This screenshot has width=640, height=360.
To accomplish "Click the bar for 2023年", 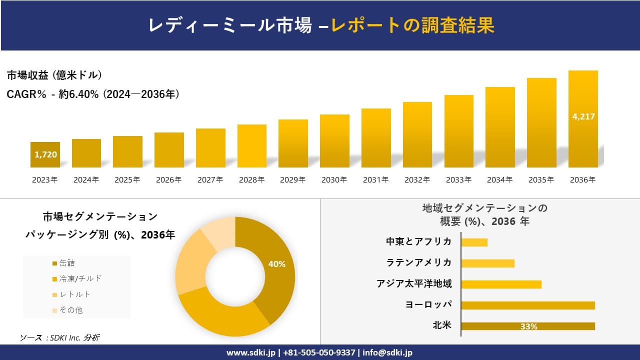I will [45, 155].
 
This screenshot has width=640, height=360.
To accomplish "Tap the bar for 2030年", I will [334, 141].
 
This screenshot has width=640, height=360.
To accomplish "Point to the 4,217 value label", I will [583, 116].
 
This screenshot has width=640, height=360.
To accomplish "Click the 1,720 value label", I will [45, 154].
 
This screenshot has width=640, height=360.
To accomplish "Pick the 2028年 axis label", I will [251, 180].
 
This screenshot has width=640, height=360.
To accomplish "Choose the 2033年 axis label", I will [458, 180].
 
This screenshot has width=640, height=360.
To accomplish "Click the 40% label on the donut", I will [276, 264].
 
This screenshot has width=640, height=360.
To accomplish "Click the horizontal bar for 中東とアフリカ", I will [474, 242].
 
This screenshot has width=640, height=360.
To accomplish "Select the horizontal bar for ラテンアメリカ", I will [487, 263].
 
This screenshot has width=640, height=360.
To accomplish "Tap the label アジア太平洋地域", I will [414, 284].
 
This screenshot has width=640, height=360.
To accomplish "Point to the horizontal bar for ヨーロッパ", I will [528, 305].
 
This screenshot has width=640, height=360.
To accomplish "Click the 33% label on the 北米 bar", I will [528, 326].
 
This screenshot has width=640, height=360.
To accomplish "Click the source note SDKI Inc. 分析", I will [59, 338].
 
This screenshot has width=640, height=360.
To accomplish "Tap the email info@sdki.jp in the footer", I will [387, 352].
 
